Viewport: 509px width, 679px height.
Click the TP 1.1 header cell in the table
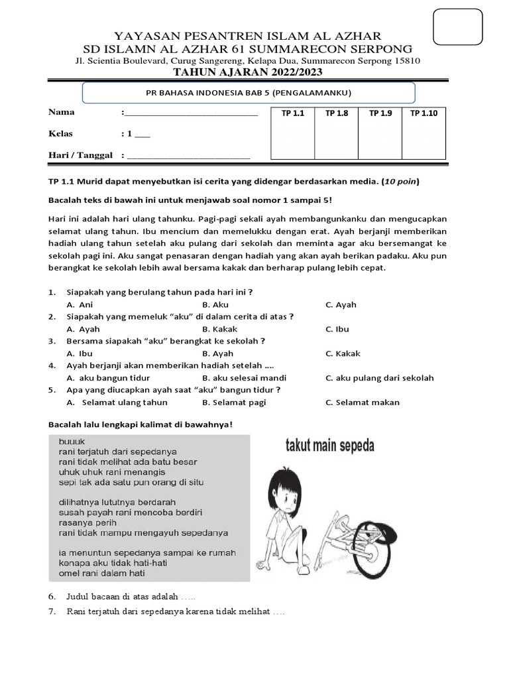pyautogui.click(x=292, y=113)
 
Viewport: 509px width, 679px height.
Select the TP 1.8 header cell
pyautogui.click(x=337, y=113)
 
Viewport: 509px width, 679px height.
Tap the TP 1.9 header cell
pyautogui.click(x=380, y=113)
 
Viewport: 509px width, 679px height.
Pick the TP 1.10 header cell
pyautogui.click(x=424, y=113)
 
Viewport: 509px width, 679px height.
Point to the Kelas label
pyautogui.click(x=61, y=133)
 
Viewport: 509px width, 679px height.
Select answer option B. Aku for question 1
pyautogui.click(x=215, y=304)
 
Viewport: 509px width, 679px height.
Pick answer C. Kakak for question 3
pyautogui.click(x=343, y=353)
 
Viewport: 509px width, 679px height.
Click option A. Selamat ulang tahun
pyautogui.click(x=117, y=402)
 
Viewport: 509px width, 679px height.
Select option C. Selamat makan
pyautogui.click(x=363, y=402)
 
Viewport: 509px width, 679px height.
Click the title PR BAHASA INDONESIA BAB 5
pyautogui.click(x=248, y=93)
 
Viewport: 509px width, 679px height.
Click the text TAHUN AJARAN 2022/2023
pyautogui.click(x=248, y=72)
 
